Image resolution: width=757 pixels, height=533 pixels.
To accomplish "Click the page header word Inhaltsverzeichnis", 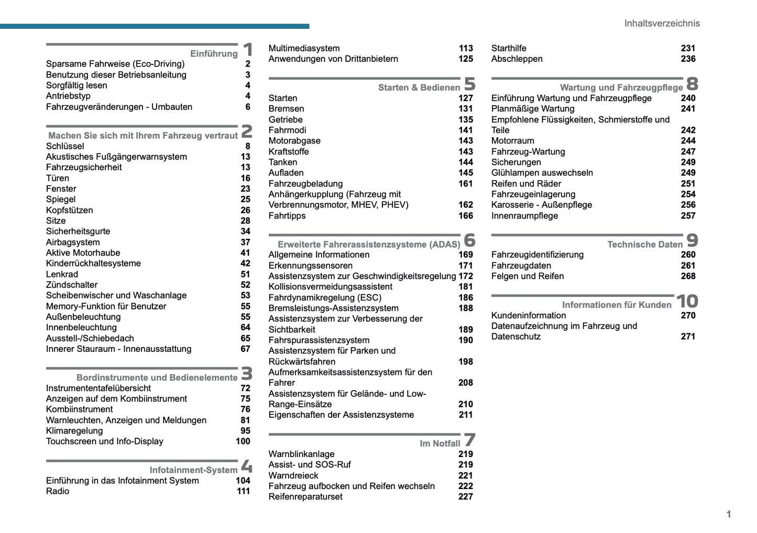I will point(661,23).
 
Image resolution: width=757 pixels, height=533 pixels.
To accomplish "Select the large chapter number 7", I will point(469,440).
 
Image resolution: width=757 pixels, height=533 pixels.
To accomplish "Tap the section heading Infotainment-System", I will point(193,470).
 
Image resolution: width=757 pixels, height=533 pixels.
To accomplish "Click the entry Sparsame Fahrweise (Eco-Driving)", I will point(115,64).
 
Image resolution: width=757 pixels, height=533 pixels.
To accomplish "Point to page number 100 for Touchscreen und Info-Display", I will point(243,441).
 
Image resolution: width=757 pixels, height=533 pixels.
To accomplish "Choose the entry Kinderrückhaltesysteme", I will point(93,263).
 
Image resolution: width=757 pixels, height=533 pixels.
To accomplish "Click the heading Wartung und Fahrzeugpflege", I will point(621,87).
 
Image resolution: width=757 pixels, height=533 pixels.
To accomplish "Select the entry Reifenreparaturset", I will point(305,497).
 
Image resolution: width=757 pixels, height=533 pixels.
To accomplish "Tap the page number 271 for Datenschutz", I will point(688,337).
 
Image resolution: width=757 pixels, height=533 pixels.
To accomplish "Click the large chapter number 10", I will point(687,302).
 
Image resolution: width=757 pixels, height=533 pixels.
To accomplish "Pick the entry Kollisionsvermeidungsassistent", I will point(330,287).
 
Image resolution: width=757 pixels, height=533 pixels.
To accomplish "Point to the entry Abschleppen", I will point(517,59).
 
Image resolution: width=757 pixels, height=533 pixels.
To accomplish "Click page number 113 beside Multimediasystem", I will point(465,48).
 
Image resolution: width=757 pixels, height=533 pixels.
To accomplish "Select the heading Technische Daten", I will point(644,245).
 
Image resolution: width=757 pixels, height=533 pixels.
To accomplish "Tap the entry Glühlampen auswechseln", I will point(542,173).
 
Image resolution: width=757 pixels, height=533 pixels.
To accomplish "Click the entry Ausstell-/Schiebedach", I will point(90,338).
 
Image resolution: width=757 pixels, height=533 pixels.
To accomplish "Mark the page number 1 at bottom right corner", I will point(728,514).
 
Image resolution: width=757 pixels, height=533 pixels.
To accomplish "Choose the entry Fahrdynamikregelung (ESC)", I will point(325,297).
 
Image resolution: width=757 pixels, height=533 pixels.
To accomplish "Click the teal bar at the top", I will point(155,26).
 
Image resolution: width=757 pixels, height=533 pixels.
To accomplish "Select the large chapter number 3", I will point(247,374).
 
